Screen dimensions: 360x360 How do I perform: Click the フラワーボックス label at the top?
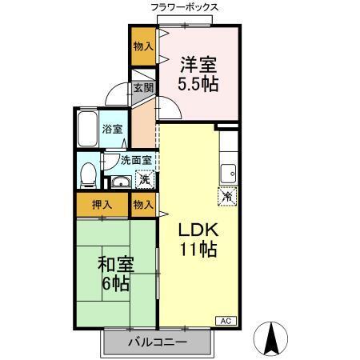pyautogui.click(x=184, y=7)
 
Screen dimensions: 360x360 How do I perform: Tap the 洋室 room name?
pyautogui.click(x=199, y=63)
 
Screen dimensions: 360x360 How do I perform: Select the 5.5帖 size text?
pyautogui.click(x=199, y=82)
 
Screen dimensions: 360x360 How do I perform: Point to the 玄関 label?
pyautogui.click(x=143, y=89)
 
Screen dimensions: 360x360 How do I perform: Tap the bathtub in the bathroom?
pyautogui.click(x=87, y=129)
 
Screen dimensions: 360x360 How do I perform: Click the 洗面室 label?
pyautogui.click(x=135, y=158)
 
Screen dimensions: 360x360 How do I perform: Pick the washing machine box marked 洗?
pyautogui.click(x=144, y=178)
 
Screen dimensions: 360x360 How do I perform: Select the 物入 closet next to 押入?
pyautogui.click(x=143, y=206)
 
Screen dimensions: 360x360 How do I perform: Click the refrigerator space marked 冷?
pyautogui.click(x=226, y=194)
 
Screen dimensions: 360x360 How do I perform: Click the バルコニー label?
pyautogui.click(x=158, y=342)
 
